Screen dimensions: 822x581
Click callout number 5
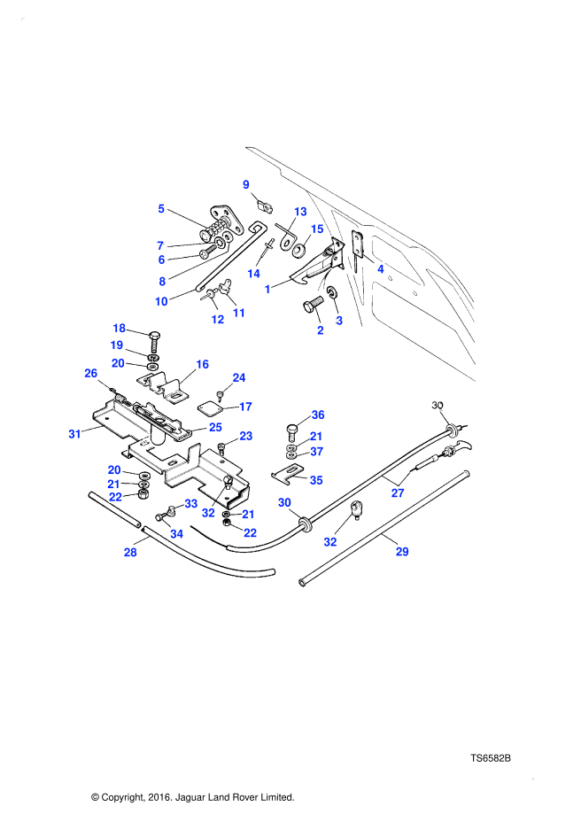coord(161,209)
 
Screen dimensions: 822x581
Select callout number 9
coord(246,184)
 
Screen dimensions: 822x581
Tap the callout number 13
coord(300,212)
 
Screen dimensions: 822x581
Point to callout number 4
coord(380,268)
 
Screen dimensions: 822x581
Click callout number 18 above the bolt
coord(118,329)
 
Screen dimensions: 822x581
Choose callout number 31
coord(74,433)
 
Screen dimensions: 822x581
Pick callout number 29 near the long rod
coord(401,552)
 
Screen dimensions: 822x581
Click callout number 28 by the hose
coord(130,553)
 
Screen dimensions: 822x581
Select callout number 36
coord(318,415)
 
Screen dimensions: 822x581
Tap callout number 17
coord(246,407)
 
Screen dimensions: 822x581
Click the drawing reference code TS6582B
coord(492,759)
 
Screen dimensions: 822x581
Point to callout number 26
coord(90,373)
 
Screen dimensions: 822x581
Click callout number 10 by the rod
coord(161,301)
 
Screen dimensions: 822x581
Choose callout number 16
coord(202,364)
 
